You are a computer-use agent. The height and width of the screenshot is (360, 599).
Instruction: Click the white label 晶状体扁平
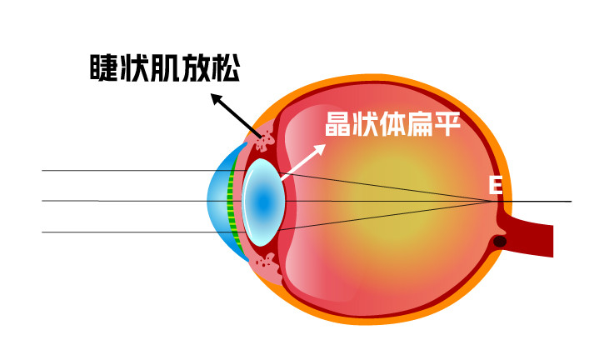pos(392,126)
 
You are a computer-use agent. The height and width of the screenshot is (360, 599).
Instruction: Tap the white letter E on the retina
pos(495,185)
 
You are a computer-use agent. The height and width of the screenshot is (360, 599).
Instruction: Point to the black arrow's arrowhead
pos(216,98)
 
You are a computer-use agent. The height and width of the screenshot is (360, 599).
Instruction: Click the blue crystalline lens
pos(264,202)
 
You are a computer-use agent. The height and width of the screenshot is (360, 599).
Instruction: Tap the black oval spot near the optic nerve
pos(499,242)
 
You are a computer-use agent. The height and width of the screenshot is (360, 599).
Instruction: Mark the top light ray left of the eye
pos(125,171)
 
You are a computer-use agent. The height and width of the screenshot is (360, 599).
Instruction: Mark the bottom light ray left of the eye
pos(125,232)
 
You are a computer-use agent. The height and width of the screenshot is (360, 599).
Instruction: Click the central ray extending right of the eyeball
pos(542,202)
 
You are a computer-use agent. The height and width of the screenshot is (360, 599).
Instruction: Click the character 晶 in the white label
pos(337,126)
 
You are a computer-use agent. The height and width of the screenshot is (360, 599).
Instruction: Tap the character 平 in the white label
pos(447,126)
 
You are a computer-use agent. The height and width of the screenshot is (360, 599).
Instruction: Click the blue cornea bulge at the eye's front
pos(218,201)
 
